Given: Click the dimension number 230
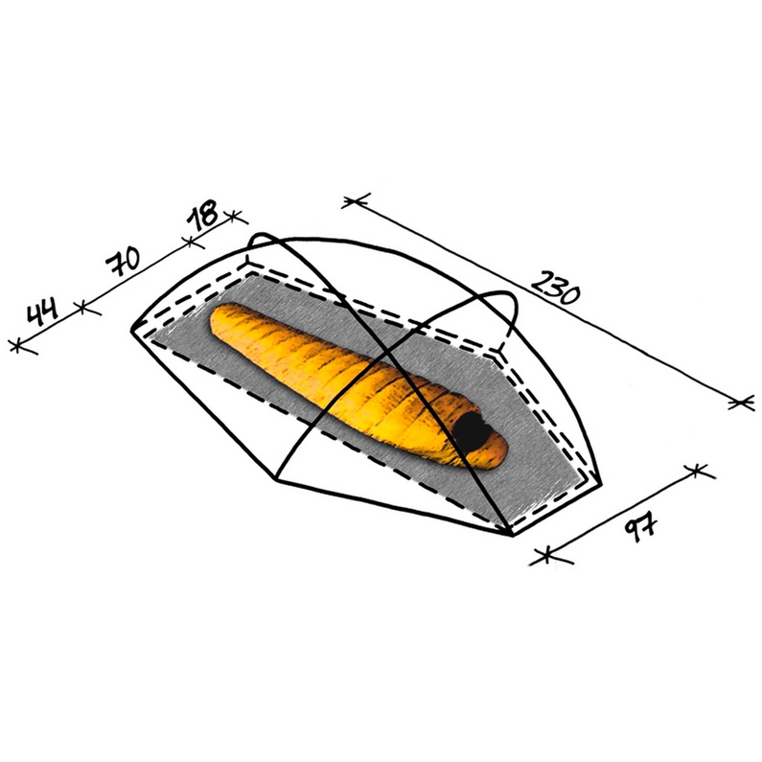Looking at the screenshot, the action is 556,289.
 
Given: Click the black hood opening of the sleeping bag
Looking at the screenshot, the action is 470,431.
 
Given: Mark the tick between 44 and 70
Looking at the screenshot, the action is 82,307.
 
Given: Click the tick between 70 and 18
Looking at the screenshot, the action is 191,241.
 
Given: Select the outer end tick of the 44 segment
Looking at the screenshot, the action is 17,347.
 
